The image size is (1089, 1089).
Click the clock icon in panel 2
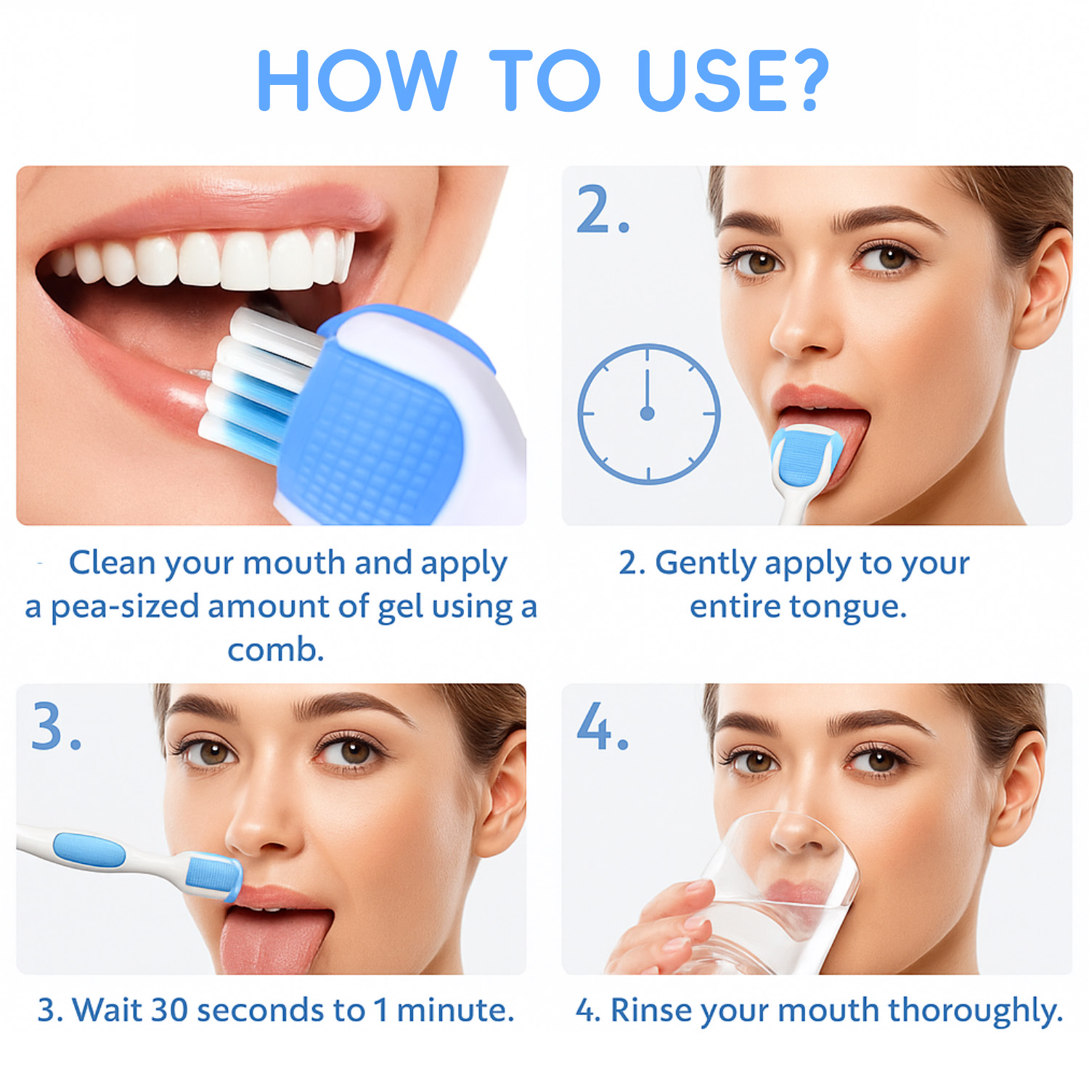point(648,414)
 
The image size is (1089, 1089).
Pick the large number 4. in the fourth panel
point(602,725)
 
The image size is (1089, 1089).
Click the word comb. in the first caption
point(276,650)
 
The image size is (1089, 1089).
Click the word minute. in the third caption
point(456,1010)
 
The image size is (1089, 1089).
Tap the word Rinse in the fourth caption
point(651,1010)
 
